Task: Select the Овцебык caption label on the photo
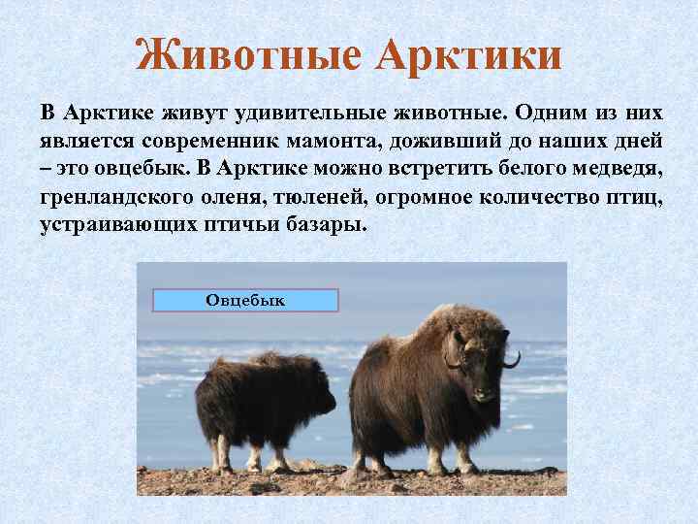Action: [x=245, y=300]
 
